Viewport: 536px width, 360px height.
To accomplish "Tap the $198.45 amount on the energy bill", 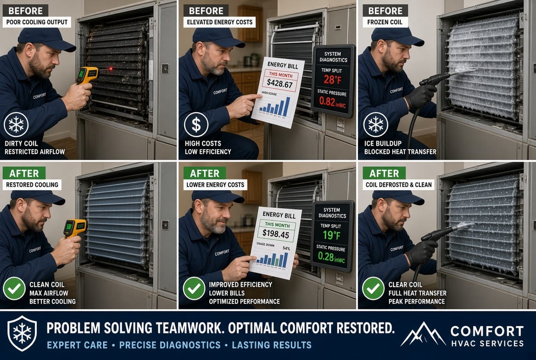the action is pyautogui.click(x=275, y=234).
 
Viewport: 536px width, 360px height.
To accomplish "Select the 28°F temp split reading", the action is pyautogui.click(x=332, y=80).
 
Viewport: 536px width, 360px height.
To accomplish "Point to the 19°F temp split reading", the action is pyautogui.click(x=332, y=235).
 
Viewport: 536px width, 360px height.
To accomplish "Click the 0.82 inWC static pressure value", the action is pyautogui.click(x=332, y=101).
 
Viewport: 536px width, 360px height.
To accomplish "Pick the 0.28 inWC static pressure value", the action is pyautogui.click(x=331, y=257).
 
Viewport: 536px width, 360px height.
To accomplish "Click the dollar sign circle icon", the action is pyautogui.click(x=196, y=125).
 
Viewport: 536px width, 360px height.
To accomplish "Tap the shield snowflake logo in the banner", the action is pyautogui.click(x=22, y=334).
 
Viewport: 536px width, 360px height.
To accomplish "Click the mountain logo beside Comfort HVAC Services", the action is pyautogui.click(x=423, y=334).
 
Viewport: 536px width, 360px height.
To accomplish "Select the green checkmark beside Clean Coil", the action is pyautogui.click(x=14, y=289).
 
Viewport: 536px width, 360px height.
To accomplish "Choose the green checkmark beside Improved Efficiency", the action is pyautogui.click(x=194, y=289).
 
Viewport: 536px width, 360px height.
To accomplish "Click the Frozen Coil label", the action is pyautogui.click(x=385, y=22).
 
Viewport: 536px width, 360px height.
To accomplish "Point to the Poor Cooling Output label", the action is pyautogui.click(x=37, y=22).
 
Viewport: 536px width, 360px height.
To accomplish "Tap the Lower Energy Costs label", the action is pyautogui.click(x=215, y=185).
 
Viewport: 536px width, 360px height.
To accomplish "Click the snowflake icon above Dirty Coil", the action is pyautogui.click(x=16, y=124).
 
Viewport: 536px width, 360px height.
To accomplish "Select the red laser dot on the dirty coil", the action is pyautogui.click(x=111, y=69).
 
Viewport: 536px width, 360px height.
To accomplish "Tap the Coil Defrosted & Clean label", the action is pyautogui.click(x=399, y=185).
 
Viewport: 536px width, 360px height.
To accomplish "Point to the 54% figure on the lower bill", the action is pyautogui.click(x=286, y=248).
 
